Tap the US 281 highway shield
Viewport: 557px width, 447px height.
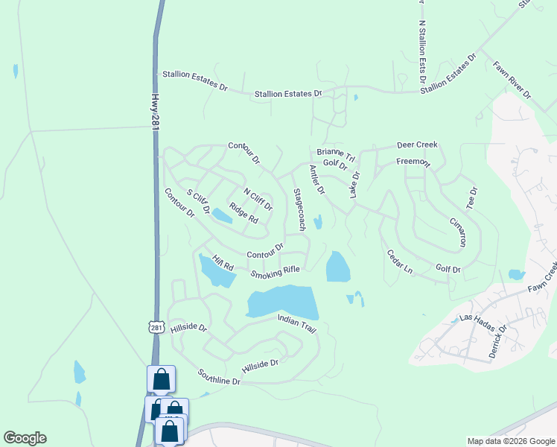pos(156,327)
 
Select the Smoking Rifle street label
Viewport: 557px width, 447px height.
pos(275,273)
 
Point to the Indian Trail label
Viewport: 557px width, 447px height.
pos(297,321)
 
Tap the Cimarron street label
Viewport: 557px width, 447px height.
pos(458,232)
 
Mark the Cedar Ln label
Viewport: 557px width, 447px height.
pos(400,261)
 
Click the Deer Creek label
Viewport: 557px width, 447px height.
pos(417,145)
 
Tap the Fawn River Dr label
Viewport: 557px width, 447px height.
pos(512,80)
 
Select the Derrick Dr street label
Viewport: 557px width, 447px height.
pos(497,341)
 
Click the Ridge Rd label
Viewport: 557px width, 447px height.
pos(244,214)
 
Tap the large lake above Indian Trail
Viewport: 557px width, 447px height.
pos(283,301)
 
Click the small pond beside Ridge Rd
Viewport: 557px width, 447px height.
pos(222,216)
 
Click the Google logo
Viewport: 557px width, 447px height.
pos(25,438)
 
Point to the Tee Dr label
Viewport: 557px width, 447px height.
pos(470,197)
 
